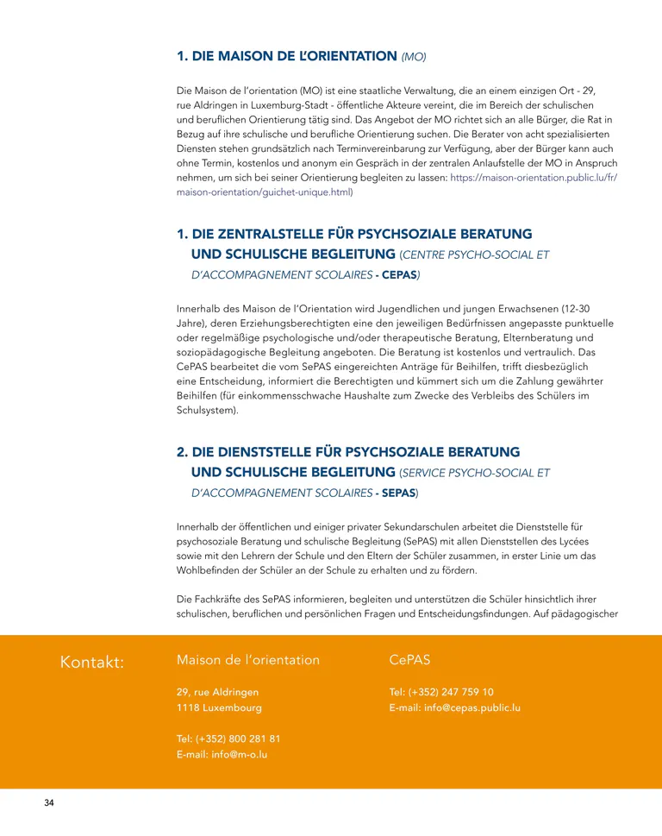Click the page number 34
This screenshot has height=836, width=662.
pyautogui.click(x=49, y=803)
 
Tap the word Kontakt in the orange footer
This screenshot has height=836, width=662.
pyautogui.click(x=92, y=662)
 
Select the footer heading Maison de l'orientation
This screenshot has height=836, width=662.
pyautogui.click(x=247, y=660)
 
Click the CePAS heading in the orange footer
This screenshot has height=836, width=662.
pyautogui.click(x=409, y=660)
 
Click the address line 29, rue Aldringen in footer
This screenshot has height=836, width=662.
pyautogui.click(x=217, y=692)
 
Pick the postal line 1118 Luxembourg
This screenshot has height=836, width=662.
pyautogui.click(x=219, y=708)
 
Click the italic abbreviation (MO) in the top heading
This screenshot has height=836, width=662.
pyautogui.click(x=414, y=57)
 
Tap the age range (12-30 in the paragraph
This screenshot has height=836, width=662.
pyautogui.click(x=570, y=308)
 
